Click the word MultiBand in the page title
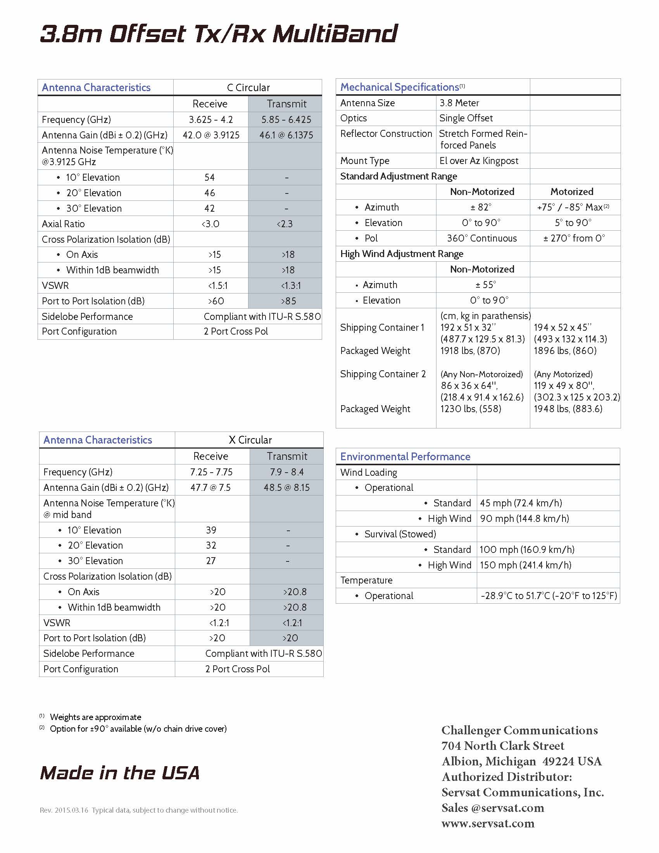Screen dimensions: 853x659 click(x=335, y=34)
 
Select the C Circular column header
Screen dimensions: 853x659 click(x=248, y=88)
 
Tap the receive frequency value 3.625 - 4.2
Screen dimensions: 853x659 click(x=211, y=119)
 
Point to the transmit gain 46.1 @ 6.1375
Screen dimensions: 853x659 click(x=286, y=135)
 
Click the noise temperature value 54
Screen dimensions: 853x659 click(x=210, y=177)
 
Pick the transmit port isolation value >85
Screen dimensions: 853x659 click(x=288, y=301)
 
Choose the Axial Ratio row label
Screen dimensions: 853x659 click(x=63, y=224)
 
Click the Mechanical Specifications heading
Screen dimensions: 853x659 click(x=399, y=87)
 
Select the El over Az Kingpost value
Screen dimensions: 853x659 click(x=479, y=161)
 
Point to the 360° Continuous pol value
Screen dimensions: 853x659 click(x=482, y=238)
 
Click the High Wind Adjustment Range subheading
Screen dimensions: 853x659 click(x=402, y=254)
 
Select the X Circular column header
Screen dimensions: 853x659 click(x=250, y=440)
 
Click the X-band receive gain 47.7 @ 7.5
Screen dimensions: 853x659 click(x=210, y=488)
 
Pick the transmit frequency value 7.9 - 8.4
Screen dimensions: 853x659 click(x=286, y=472)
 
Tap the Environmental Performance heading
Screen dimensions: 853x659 click(x=405, y=457)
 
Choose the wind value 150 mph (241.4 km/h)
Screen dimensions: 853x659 click(x=526, y=565)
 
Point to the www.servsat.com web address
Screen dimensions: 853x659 click(x=488, y=823)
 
